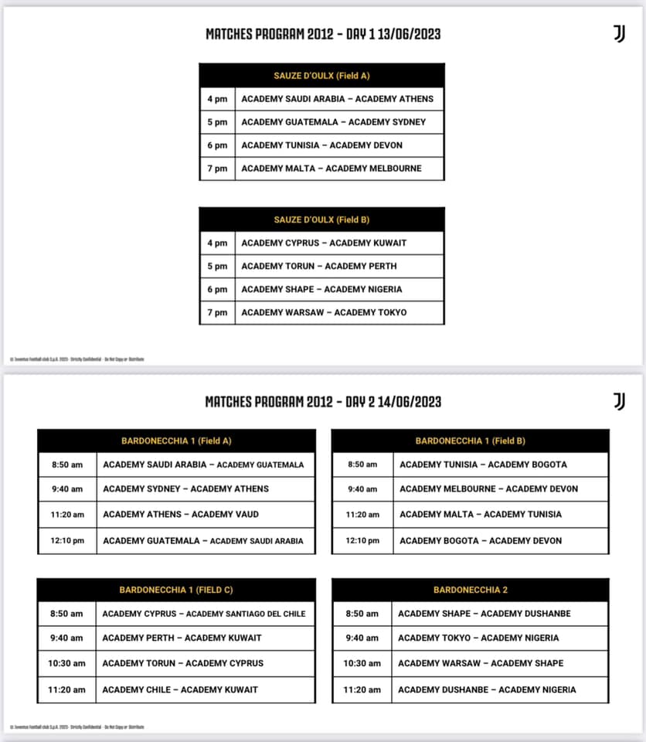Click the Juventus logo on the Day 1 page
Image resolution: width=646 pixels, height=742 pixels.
click(618, 33)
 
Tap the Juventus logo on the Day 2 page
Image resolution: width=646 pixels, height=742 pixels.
click(618, 400)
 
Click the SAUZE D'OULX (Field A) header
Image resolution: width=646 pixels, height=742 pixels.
click(321, 76)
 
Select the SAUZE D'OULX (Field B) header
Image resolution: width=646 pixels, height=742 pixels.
click(321, 220)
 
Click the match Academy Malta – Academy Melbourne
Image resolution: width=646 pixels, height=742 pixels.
click(331, 168)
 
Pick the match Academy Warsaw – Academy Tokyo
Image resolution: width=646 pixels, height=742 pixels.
click(324, 312)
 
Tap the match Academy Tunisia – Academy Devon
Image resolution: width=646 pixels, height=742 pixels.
click(321, 145)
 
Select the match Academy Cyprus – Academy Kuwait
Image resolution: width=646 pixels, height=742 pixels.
click(324, 243)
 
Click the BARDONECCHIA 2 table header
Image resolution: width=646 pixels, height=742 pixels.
click(471, 590)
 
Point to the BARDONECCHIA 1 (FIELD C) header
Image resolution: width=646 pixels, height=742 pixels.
click(176, 590)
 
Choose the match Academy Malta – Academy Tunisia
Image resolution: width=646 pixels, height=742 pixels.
click(481, 514)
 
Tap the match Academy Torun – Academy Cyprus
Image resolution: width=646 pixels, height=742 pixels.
click(183, 663)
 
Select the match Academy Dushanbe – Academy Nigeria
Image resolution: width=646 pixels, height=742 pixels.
click(487, 689)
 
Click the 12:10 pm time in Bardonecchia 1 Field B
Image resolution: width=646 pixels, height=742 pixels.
click(362, 540)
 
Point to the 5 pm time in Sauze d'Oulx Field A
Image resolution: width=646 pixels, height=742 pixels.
click(217, 122)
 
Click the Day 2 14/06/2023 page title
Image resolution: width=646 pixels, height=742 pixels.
click(323, 401)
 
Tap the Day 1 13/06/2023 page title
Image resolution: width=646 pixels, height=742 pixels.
click(323, 34)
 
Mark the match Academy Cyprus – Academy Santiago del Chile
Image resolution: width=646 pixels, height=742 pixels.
click(204, 614)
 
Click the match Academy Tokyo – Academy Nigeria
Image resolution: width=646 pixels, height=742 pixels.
click(478, 638)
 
